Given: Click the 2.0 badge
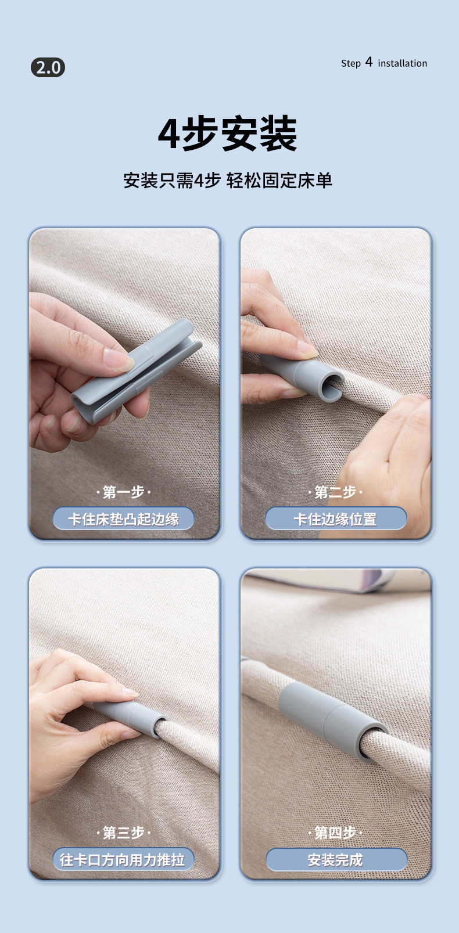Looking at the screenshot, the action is coord(48,67).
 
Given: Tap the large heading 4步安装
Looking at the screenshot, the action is coord(228,134).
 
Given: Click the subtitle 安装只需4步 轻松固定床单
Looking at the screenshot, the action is coord(228,181).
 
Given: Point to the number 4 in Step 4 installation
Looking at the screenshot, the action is coord(369,62).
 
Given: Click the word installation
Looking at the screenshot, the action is coord(402,63).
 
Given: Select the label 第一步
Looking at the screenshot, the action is coord(123,492).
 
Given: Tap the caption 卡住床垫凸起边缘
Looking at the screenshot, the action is coord(123,519).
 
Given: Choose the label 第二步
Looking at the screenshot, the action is coord(335,492).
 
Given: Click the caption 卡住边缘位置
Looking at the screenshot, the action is coord(336,519).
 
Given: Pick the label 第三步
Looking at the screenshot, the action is coord(123,833).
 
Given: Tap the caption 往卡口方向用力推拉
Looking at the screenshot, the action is coord(123,860).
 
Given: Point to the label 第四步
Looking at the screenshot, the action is coord(335,833).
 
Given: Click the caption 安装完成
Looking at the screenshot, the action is coord(336,860).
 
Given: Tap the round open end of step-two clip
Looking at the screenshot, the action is coord(331,386).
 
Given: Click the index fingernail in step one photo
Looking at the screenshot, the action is coord(119,360).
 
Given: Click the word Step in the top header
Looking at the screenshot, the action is coord(350,63).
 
